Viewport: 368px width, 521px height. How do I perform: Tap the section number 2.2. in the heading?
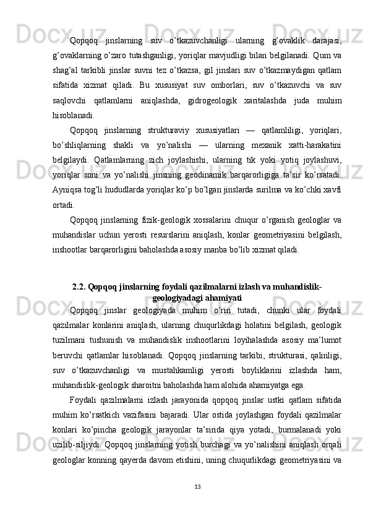click(80, 286)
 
